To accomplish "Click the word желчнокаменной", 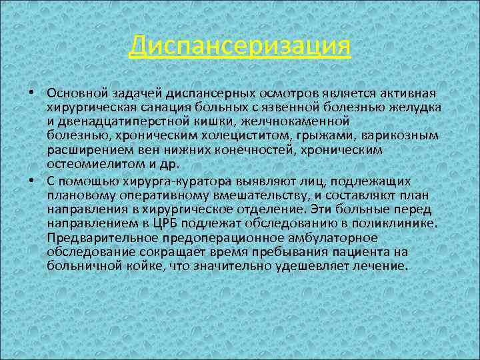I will click(x=309, y=121).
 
